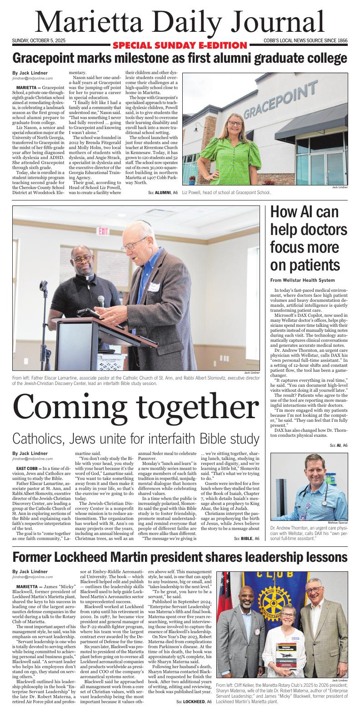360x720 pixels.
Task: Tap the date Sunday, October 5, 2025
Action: [39, 41]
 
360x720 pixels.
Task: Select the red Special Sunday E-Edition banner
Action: [180, 45]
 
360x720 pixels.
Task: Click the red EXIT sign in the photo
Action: [103, 231]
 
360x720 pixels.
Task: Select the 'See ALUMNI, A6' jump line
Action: [163, 193]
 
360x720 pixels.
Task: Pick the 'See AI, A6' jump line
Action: [338, 445]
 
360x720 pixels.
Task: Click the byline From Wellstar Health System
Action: [302, 280]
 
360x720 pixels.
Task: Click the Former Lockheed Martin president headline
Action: [180, 557]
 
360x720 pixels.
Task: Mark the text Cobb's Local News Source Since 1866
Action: [305, 41]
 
